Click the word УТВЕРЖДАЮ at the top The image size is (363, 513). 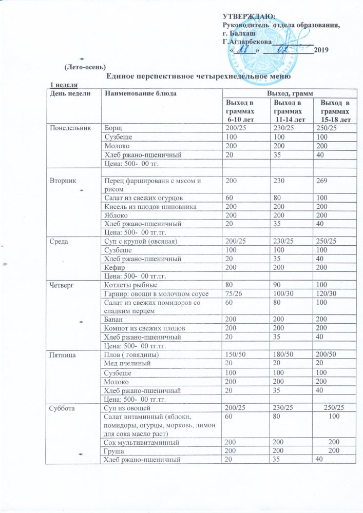point(246,18)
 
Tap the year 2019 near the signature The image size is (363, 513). point(321,50)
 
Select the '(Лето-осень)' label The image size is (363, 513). point(82,67)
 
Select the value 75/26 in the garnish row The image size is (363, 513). point(234,293)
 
